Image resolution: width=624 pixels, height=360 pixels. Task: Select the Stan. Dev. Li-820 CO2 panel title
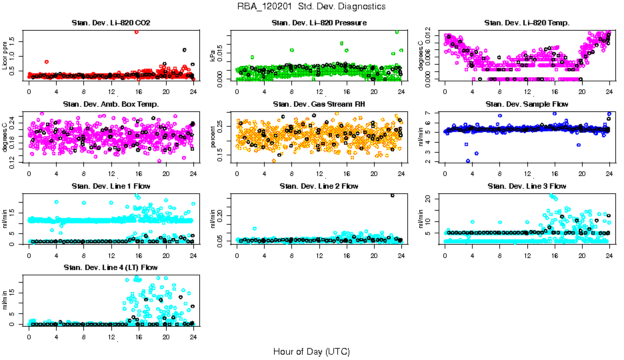coord(111,23)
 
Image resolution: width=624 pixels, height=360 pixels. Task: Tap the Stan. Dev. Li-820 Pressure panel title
coord(319,23)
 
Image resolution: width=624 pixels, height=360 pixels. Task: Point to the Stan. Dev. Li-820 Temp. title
coord(527,23)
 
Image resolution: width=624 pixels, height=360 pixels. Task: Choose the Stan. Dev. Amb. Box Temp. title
coord(111,104)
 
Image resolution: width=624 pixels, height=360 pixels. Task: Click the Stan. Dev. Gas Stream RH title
coord(319,104)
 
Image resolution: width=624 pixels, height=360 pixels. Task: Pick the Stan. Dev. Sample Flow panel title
coord(527,104)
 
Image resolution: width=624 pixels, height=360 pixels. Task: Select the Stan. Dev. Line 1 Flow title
coord(111,186)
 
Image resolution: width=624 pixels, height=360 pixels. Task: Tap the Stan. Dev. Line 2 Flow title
coord(319,186)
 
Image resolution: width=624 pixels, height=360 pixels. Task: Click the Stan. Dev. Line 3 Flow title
coord(527,186)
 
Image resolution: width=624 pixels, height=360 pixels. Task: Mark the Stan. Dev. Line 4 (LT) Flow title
coord(111,267)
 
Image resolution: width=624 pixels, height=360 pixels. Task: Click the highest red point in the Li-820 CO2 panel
coord(137,31)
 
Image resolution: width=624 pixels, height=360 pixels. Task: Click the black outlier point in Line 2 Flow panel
coord(393,195)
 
